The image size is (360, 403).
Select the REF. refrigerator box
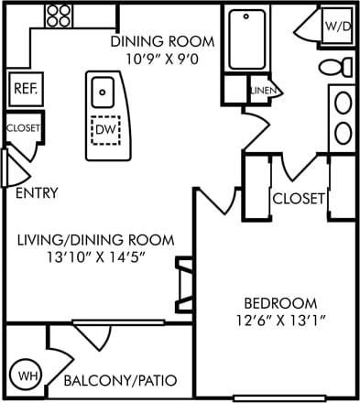pyautogui.click(x=23, y=89)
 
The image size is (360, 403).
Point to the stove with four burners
pyautogui.click(x=60, y=15)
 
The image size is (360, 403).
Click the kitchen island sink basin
pyautogui.click(x=103, y=90)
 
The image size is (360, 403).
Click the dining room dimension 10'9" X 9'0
pyautogui.click(x=162, y=59)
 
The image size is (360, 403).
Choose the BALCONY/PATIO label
pyautogui.click(x=120, y=379)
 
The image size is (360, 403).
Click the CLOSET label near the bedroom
pyautogui.click(x=299, y=198)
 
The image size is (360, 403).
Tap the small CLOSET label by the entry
pyautogui.click(x=23, y=128)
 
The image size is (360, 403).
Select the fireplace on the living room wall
pyautogui.click(x=185, y=285)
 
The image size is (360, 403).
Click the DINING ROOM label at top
pyautogui.click(x=162, y=41)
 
